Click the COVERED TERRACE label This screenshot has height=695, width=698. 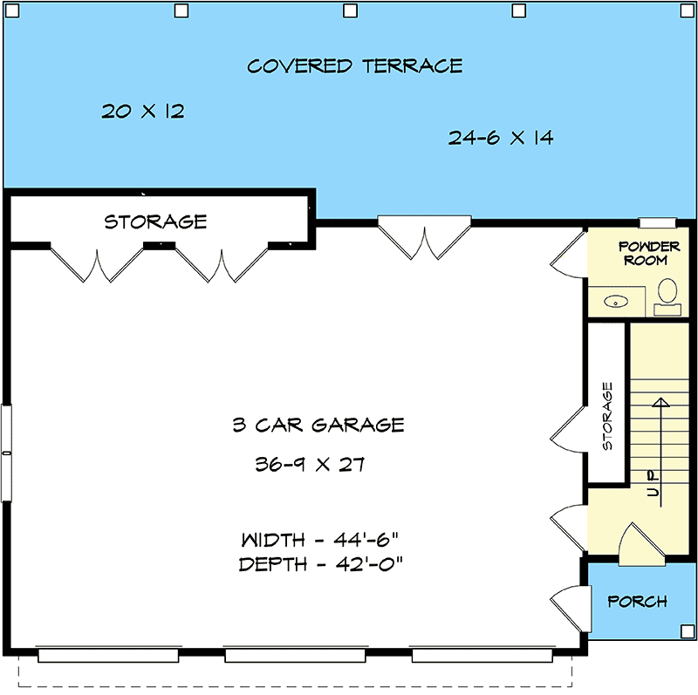pos(354,66)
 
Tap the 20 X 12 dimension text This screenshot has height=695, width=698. pos(143,112)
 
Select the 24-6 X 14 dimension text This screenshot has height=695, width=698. pos(501,138)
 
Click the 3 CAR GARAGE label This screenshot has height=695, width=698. pos(318,426)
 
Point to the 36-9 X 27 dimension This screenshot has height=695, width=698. pos(310,465)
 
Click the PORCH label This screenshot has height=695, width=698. pos(637,602)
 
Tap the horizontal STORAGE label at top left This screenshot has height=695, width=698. pos(155,222)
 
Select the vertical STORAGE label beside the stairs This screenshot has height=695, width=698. pos(607,416)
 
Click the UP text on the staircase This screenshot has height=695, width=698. pos(653,483)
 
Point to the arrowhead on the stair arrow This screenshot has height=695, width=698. pos(660,403)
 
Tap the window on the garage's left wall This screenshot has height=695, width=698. pos(6,453)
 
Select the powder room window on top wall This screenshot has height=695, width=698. pos(658,223)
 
